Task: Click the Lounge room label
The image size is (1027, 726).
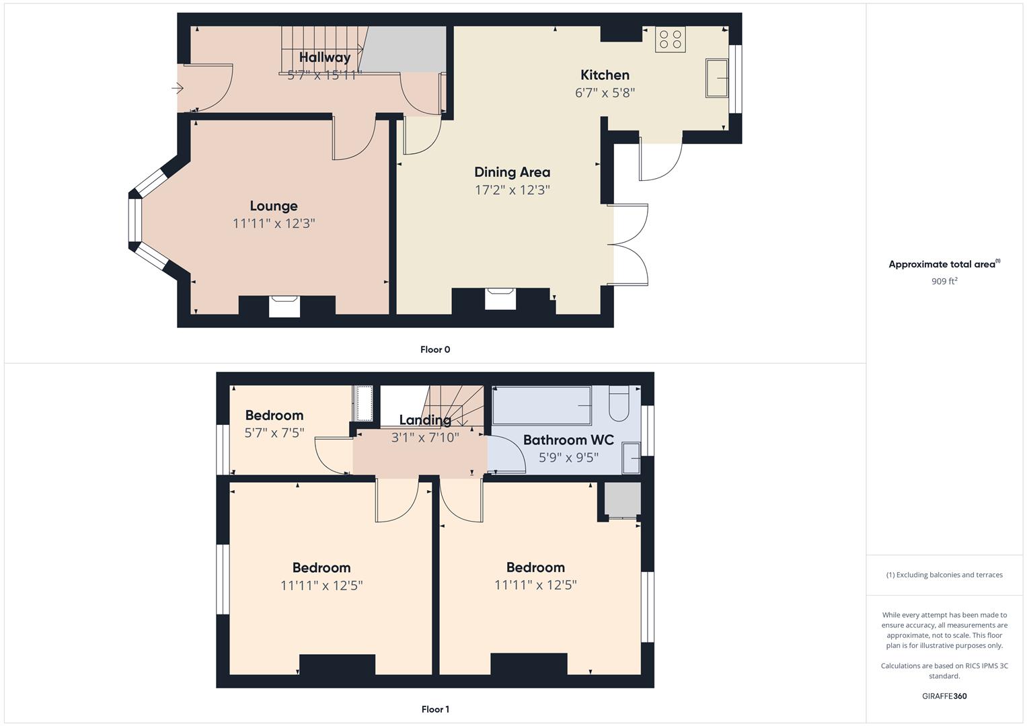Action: pyautogui.click(x=273, y=206)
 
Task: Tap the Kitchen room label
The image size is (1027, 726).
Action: pyautogui.click(x=605, y=75)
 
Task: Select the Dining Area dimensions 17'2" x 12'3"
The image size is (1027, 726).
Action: pyautogui.click(x=512, y=190)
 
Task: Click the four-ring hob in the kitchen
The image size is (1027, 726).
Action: pyautogui.click(x=670, y=40)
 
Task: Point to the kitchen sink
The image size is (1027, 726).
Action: pyautogui.click(x=717, y=79)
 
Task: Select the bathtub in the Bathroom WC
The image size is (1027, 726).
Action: pyautogui.click(x=541, y=405)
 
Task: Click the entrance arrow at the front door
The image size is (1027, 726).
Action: pyautogui.click(x=178, y=88)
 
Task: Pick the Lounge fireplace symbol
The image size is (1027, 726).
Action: pyautogui.click(x=284, y=305)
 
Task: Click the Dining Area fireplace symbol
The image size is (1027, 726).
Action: pyautogui.click(x=500, y=298)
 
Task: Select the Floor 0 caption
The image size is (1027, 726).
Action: pyautogui.click(x=435, y=350)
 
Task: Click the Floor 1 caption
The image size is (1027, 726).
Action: pyautogui.click(x=435, y=709)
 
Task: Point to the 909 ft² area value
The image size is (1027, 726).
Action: pyautogui.click(x=944, y=282)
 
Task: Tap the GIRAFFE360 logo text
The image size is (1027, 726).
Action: pyautogui.click(x=944, y=696)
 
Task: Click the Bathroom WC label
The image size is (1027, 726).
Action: pyautogui.click(x=568, y=440)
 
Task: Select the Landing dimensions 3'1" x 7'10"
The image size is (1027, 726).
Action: pyautogui.click(x=425, y=438)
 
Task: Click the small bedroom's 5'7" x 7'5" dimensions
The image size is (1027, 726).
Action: pyautogui.click(x=274, y=433)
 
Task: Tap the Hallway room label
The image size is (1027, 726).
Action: pyautogui.click(x=324, y=58)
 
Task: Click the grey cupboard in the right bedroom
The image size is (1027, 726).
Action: pyautogui.click(x=621, y=499)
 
